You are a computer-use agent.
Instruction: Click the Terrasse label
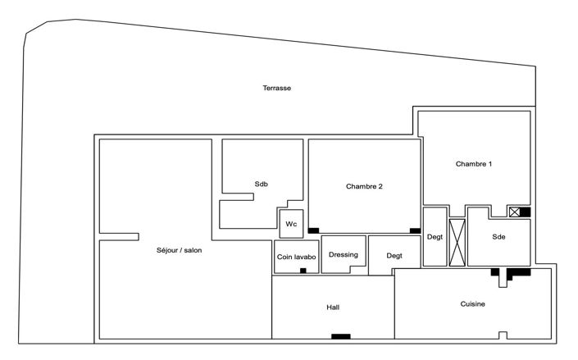tap(277, 89)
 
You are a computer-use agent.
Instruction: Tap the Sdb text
tap(261, 184)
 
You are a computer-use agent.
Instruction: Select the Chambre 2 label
tap(364, 186)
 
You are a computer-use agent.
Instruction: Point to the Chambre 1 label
tap(474, 164)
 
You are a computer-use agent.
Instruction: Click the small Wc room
tap(291, 224)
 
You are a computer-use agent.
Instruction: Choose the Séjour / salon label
tap(179, 250)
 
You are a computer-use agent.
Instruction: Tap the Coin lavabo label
tap(295, 257)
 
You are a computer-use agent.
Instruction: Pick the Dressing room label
tap(344, 254)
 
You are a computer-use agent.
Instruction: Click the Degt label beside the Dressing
tap(394, 256)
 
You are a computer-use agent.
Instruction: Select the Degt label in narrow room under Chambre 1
tap(435, 237)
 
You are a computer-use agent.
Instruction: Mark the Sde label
tap(498, 237)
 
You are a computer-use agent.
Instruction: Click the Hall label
tap(333, 308)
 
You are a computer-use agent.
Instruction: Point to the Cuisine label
tap(472, 304)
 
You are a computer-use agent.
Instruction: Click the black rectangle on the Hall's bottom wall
tap(340, 336)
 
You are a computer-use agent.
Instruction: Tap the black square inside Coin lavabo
tap(303, 270)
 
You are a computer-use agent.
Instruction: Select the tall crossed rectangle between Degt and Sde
tap(457, 242)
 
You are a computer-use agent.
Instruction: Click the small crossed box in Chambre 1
tap(514, 212)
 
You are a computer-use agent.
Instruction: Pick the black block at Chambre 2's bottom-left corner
tap(313, 230)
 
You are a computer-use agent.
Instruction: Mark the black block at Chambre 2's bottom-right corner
tap(415, 230)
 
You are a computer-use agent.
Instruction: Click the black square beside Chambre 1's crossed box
tap(525, 212)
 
